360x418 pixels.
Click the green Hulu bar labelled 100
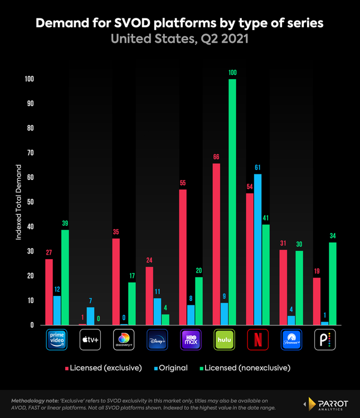232,202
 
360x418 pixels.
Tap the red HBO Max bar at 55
183,257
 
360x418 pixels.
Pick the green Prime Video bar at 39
65,277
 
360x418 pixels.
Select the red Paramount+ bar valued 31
283,287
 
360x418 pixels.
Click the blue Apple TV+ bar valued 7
90,316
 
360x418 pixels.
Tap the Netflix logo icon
257,339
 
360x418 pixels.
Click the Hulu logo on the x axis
224,339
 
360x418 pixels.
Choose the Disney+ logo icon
157,339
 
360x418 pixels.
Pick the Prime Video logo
57,339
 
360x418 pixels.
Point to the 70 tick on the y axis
29,153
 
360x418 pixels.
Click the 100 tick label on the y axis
28,79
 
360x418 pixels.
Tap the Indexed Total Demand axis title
18,202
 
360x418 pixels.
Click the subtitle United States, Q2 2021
179,40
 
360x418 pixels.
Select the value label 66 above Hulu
216,157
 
